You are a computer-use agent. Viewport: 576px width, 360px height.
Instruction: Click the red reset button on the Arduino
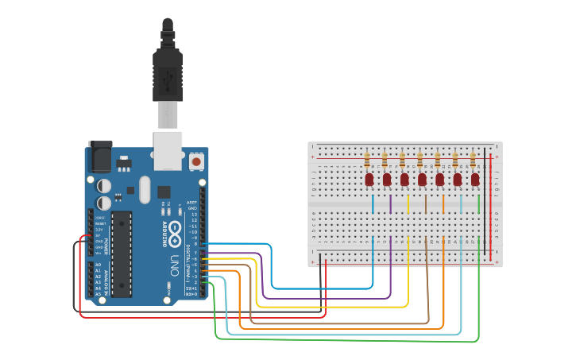(196, 161)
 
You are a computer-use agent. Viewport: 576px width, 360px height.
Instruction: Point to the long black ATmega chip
(121, 254)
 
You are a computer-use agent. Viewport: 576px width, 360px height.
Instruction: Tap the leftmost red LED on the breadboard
(369, 180)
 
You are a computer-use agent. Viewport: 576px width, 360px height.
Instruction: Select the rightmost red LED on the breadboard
(475, 180)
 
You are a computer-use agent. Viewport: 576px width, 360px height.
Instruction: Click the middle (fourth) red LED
(422, 180)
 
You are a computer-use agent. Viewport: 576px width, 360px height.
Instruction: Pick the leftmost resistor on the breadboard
(368, 159)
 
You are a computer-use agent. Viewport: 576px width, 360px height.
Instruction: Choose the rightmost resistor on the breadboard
(474, 159)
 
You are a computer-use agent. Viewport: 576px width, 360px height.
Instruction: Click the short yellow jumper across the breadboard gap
(408, 204)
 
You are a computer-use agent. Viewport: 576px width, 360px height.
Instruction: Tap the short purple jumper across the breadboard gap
(391, 204)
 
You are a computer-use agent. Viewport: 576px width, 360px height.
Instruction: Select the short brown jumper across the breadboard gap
(426, 204)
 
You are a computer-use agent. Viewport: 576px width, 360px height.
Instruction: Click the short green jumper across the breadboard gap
(479, 204)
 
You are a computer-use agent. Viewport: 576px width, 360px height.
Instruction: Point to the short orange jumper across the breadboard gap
(443, 204)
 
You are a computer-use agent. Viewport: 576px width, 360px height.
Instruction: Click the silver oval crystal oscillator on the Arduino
(144, 189)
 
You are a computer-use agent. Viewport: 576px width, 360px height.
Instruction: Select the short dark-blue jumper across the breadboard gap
(373, 204)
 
